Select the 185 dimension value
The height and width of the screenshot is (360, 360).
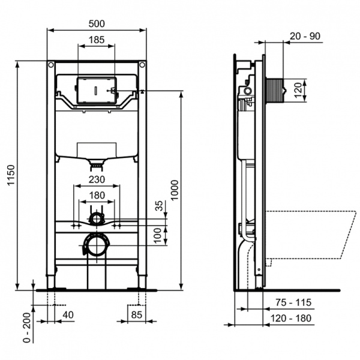coord(97,40)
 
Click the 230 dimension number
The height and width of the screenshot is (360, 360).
coord(97,179)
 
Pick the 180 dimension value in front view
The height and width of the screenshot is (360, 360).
coord(97,195)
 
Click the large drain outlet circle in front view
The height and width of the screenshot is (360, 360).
coord(96,245)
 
